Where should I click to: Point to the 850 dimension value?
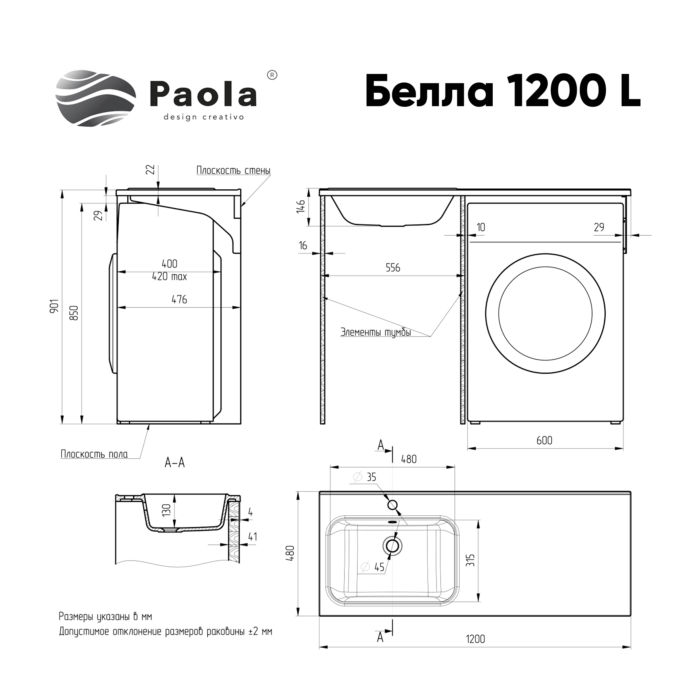coord(74,313)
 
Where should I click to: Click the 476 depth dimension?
coord(179,299)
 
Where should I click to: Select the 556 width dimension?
coord(393,268)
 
